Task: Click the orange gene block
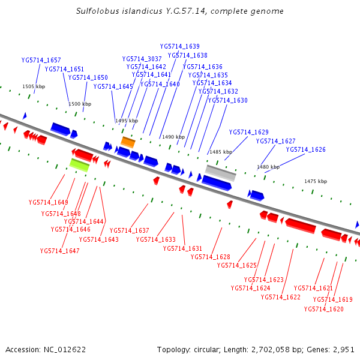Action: point(128,142)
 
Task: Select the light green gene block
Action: point(79,164)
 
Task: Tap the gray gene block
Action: point(221,173)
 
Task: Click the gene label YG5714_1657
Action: point(41,61)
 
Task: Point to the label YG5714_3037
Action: point(142,59)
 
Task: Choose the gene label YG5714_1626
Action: point(305,150)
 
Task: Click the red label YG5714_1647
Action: point(60,251)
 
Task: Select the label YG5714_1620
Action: point(323,310)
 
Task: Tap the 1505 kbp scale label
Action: point(34,87)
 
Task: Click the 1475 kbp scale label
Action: point(316,181)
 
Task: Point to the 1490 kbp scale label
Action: point(173,137)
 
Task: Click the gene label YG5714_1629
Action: point(248,132)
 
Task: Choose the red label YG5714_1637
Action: point(129,230)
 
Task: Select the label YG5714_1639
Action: point(180,46)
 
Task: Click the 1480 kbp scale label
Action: point(268,167)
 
